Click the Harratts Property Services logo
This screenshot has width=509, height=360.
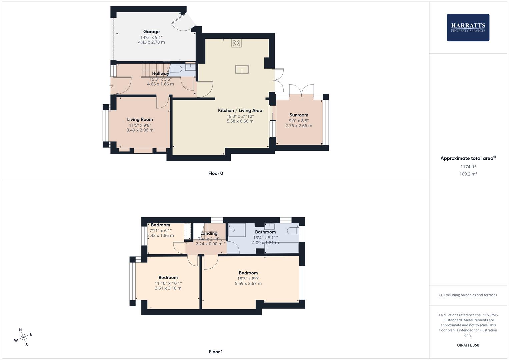click(x=468, y=28)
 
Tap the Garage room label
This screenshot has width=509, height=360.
click(x=151, y=32)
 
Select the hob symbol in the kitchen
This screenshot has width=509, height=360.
click(x=237, y=43)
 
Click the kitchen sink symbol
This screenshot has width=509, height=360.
click(x=242, y=69)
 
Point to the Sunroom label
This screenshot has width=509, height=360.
click(x=299, y=115)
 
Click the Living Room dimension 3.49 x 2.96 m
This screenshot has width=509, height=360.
click(x=140, y=130)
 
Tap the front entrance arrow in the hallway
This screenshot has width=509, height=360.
click(x=111, y=86)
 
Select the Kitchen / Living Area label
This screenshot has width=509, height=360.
click(x=240, y=110)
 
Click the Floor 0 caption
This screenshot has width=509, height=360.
click(x=216, y=173)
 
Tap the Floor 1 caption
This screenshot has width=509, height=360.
click(x=216, y=352)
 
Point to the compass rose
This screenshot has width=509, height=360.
click(x=23, y=337)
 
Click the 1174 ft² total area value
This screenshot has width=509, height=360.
click(x=468, y=167)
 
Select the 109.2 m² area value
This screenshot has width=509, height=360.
click(x=468, y=174)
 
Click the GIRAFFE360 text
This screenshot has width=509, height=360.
click(x=468, y=345)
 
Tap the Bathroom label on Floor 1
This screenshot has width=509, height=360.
click(x=265, y=232)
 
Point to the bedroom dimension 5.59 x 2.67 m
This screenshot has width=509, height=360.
click(x=248, y=284)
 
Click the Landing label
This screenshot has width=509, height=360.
click(x=209, y=233)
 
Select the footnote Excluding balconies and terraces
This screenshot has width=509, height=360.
click(x=468, y=295)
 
